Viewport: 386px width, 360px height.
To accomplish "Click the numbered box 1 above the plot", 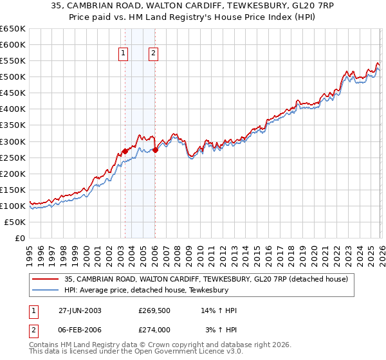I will click(123, 54).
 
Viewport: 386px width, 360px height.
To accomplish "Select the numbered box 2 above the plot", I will click(154, 54).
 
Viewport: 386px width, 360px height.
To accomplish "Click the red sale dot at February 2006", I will click(155, 150).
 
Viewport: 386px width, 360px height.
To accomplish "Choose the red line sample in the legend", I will click(45, 279).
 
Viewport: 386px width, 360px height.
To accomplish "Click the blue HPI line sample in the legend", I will click(45, 291).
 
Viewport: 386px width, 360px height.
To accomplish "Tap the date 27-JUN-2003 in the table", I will click(78, 310).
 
